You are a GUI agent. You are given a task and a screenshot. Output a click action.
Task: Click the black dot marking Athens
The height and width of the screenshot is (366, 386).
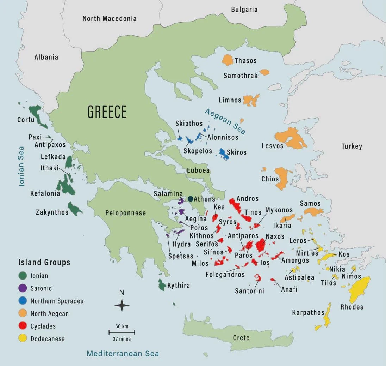pyautogui.click(x=190, y=199)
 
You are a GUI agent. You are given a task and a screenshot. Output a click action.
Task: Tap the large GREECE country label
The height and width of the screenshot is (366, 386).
pyautogui.click(x=107, y=112)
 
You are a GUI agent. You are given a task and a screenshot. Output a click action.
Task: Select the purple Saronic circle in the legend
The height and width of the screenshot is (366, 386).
pyautogui.click(x=23, y=288)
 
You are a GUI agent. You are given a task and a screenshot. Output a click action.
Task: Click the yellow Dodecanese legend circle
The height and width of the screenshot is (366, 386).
pyautogui.click(x=23, y=338)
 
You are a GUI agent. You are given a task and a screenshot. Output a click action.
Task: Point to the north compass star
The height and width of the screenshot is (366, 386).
pyautogui.click(x=122, y=305)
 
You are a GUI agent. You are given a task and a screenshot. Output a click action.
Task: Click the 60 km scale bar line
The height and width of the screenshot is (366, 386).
pyautogui.click(x=122, y=332)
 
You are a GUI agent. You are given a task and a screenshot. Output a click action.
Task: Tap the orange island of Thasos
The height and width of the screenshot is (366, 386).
pyautogui.click(x=228, y=60)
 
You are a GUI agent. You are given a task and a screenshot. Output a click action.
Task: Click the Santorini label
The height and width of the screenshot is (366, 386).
pyautogui.click(x=249, y=291)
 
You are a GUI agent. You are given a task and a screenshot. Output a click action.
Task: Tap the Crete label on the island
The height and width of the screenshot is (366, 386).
pyautogui.click(x=241, y=338)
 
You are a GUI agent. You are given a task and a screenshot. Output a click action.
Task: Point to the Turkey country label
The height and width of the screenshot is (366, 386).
pyautogui.click(x=351, y=146)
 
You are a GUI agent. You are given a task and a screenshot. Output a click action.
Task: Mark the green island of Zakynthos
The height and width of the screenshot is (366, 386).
pyautogui.click(x=74, y=209)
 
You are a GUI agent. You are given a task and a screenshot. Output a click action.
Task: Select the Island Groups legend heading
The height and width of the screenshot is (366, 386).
pyautogui.click(x=44, y=262)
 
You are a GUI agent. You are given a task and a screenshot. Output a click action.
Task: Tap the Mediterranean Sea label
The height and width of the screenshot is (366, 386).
pyautogui.click(x=123, y=353)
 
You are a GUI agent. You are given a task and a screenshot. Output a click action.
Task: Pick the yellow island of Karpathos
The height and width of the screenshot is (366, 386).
pyautogui.click(x=327, y=317)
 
